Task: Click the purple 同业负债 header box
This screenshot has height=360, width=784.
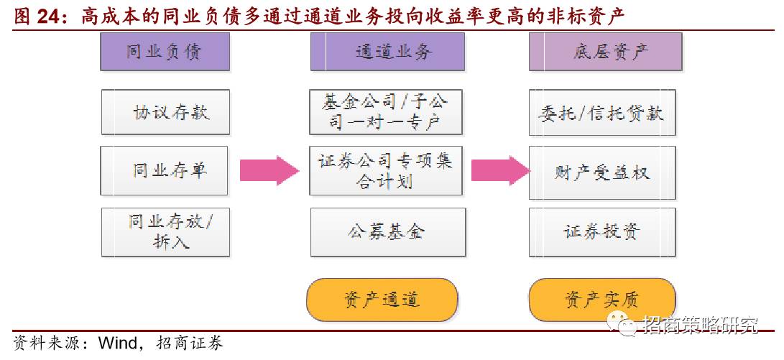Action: (x=165, y=51)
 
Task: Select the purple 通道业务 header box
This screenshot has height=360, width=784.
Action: (x=387, y=51)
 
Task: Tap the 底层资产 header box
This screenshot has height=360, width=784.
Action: (x=605, y=51)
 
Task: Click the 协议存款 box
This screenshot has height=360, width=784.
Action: (x=165, y=112)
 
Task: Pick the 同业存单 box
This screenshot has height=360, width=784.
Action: (x=165, y=170)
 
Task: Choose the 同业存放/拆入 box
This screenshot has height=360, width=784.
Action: (x=165, y=231)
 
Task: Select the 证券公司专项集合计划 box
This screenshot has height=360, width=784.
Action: (x=386, y=171)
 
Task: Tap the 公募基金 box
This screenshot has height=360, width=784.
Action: (x=387, y=231)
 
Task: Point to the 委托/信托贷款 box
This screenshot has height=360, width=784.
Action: (x=601, y=112)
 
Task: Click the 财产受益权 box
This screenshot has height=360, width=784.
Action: (x=601, y=172)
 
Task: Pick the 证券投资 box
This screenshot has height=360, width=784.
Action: (x=601, y=231)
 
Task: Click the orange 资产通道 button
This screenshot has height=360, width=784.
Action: (x=382, y=300)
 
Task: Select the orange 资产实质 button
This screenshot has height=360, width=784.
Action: (x=601, y=300)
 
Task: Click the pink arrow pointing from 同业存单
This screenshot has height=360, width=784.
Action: (x=268, y=171)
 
